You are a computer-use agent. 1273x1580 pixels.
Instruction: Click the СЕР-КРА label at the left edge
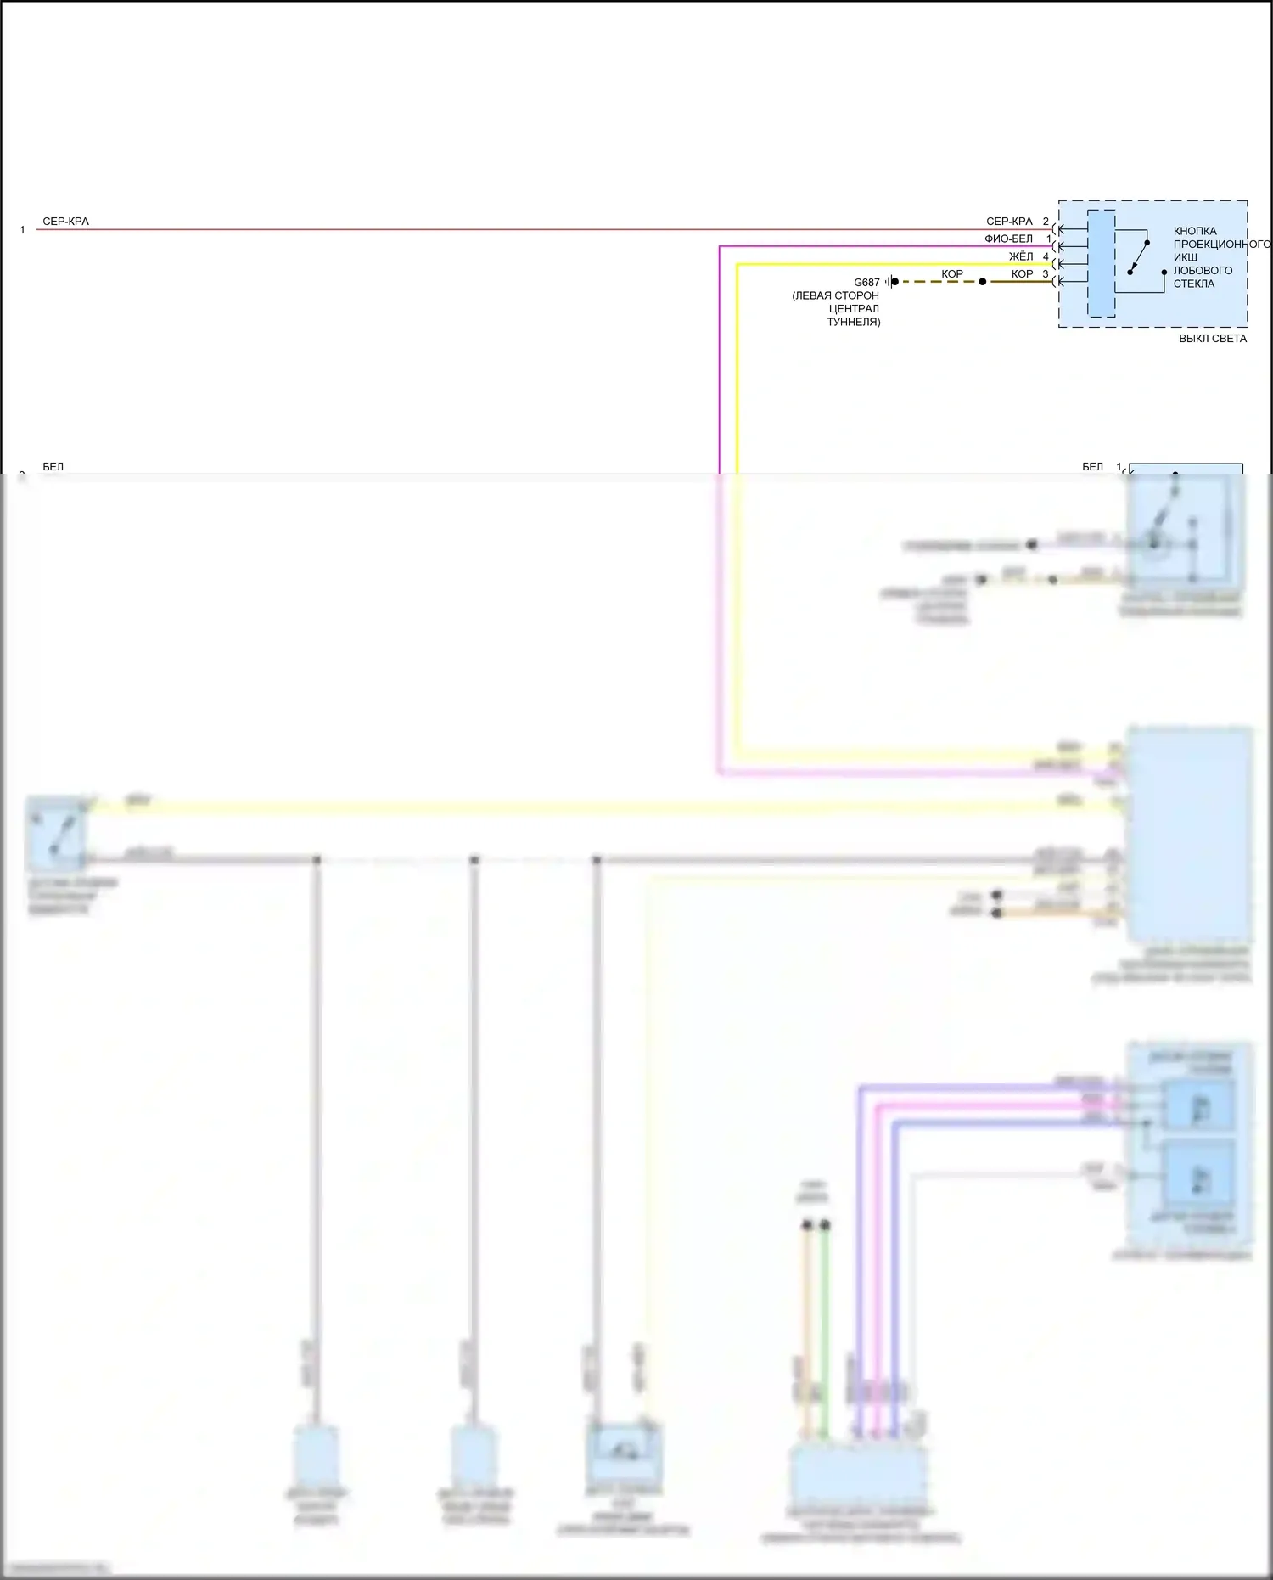point(65,222)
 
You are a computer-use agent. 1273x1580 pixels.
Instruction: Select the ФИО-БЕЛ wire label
point(1008,239)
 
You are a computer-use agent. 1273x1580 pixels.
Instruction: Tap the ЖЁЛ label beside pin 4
point(1021,256)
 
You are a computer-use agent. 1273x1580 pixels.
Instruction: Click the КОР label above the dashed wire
point(952,274)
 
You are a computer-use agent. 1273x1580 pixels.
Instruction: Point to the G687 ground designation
point(866,283)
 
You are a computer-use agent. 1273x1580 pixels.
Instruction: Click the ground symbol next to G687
point(891,282)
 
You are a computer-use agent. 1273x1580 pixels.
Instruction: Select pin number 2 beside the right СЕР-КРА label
point(1046,222)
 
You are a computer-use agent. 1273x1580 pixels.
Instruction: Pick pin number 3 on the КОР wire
point(1046,274)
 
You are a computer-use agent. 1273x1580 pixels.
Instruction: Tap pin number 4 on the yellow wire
point(1046,256)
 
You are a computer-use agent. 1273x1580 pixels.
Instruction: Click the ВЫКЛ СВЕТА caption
point(1213,339)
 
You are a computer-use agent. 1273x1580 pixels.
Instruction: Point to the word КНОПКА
point(1195,231)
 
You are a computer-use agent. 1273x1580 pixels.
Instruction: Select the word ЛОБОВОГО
point(1203,271)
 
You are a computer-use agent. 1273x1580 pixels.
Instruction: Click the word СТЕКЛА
point(1194,284)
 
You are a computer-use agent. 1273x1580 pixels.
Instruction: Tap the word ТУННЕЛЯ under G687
point(854,323)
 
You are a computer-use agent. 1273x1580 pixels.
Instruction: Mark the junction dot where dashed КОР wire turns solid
point(983,282)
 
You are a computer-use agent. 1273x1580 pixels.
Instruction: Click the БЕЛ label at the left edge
point(53,467)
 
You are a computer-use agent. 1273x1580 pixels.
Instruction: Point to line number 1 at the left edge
point(22,230)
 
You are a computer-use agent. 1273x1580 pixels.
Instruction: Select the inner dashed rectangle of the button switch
point(1102,263)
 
